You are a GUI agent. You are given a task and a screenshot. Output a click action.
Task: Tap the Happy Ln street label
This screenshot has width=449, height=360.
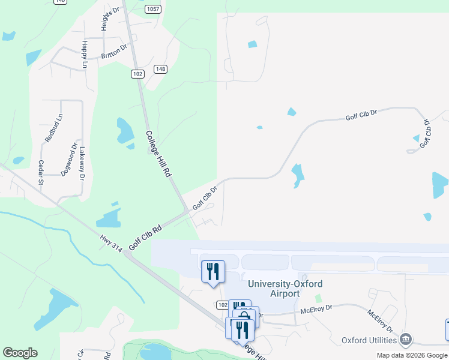pos(85,54)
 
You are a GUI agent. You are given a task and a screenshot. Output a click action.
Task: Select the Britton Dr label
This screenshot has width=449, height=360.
pos(114,51)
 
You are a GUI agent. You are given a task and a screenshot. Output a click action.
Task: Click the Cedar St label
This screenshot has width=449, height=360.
pos(41,172)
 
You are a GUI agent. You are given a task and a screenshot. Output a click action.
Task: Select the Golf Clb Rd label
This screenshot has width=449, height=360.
pos(145,238)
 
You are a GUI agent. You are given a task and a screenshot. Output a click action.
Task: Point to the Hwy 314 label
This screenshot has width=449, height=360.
pos(111,243)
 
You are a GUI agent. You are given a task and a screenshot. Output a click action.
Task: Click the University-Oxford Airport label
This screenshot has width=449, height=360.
pos(285,289)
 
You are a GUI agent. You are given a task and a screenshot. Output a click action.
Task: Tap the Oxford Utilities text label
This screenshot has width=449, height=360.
pos(370,340)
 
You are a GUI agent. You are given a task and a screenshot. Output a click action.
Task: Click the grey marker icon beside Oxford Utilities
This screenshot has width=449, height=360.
pos(406,340)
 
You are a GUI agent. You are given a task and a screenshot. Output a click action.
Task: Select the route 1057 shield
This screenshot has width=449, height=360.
pos(153,9)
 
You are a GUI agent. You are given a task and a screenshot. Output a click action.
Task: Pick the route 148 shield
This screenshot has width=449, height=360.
pos(160,69)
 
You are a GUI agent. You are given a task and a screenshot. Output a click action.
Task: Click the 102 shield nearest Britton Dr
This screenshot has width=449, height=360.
pos(137,73)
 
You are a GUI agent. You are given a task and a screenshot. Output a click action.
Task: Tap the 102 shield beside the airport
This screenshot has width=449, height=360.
pos(222,305)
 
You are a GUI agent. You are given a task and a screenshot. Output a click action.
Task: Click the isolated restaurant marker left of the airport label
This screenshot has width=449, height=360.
pos(212,271)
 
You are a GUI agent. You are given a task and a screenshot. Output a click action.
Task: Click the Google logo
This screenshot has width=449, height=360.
pos(20,353)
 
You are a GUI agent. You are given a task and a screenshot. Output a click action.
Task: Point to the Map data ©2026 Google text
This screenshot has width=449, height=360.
pos(412,355)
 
